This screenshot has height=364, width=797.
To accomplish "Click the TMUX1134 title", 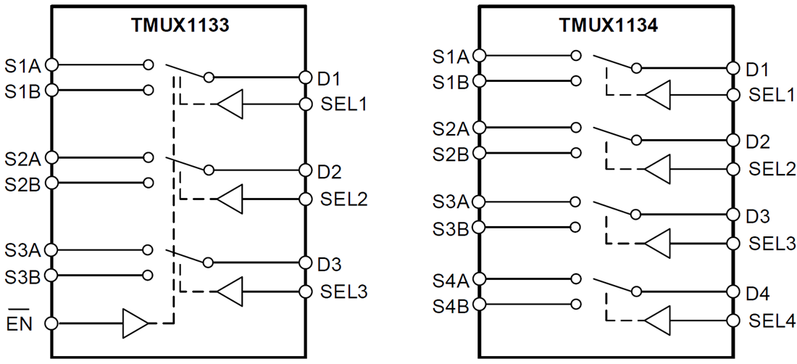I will pos(608,25).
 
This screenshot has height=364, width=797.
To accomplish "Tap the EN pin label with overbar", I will pos(20,323).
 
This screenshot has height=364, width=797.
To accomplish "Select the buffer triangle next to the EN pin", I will pos(135,323).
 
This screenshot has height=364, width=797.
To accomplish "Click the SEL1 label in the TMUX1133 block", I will pos(343,104).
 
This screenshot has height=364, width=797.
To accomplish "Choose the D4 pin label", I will pos(757,294).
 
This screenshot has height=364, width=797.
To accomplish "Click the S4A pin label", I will pos(450,279).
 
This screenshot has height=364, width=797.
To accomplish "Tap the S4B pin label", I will pos(450,305).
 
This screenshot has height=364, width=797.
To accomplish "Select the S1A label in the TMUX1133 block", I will pos(23,65).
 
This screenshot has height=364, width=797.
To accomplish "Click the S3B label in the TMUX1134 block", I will pos(450,228).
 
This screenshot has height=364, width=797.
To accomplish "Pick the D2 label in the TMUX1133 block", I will pos(329,172).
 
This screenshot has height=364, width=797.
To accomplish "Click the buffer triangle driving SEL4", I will pos(657,319).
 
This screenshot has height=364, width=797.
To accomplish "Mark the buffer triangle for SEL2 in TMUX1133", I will pos(230,199).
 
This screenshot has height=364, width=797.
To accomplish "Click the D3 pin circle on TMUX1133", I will pos(305,263).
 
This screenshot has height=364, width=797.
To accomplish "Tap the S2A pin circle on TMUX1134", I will pos(479,128).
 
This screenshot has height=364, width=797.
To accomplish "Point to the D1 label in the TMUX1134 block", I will pos(757,70).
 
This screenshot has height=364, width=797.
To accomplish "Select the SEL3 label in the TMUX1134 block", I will pos(772,244).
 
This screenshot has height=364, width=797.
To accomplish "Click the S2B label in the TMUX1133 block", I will pos(23,183).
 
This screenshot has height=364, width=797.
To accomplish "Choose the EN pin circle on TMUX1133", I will pos(51,323).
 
